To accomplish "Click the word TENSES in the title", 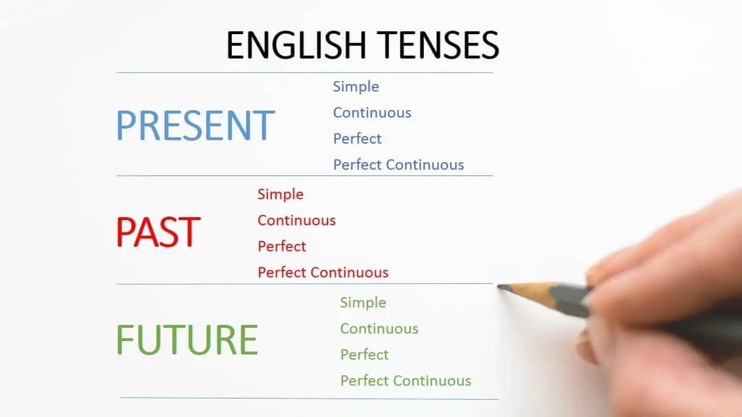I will pos(437,45).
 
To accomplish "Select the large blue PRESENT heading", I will pos(196,125).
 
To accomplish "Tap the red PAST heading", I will pos(158,232).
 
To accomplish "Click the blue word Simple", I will pos(356,87).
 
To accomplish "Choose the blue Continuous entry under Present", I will pos(372,113).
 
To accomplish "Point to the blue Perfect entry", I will pos(357,139).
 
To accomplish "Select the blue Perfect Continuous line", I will pos(399,165).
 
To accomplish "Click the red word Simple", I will pos(280,195).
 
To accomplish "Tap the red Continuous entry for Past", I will pos(296,221).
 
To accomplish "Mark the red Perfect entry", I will pos(282,247).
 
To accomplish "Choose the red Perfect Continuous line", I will pos(323,273).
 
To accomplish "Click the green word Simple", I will pos(363,303).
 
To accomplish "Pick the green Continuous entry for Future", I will pos(379,329).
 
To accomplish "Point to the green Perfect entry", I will pos(364,355).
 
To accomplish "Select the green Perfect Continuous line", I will pos(406,381).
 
